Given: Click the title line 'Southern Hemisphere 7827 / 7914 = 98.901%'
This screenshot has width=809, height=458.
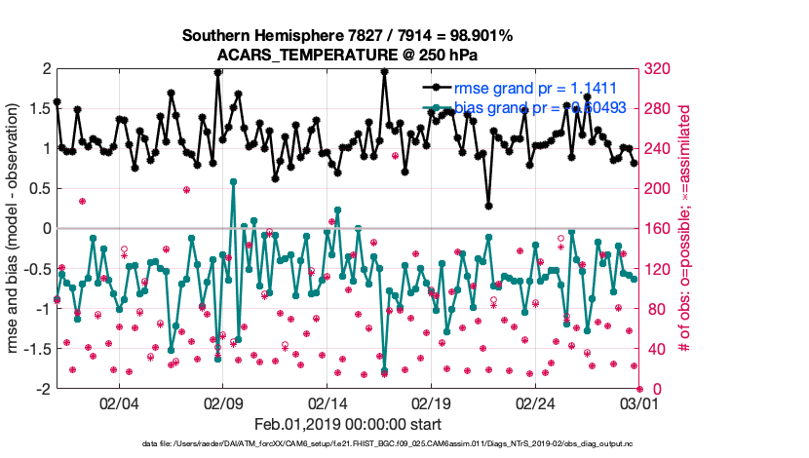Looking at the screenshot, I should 347,35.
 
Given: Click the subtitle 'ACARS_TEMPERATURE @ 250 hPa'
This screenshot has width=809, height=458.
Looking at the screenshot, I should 347,54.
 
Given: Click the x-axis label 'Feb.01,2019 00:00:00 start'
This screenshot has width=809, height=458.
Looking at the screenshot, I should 347,424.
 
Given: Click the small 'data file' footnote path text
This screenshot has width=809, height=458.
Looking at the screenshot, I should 388,443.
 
